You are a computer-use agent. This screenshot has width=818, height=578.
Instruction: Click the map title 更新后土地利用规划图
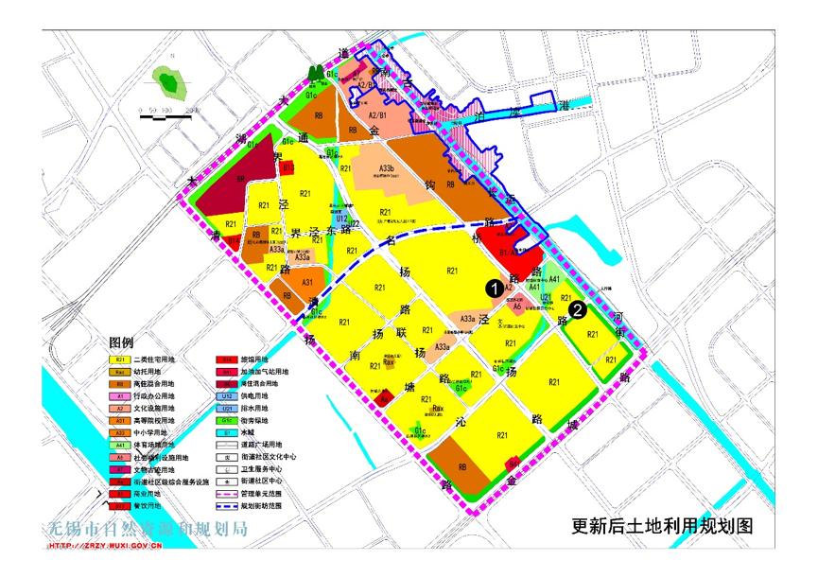(x=663, y=526)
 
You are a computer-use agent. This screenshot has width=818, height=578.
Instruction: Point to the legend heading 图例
(x=123, y=342)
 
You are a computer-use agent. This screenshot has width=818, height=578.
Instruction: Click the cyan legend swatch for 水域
(x=227, y=432)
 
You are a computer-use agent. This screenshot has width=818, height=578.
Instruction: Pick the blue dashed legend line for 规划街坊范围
(x=227, y=505)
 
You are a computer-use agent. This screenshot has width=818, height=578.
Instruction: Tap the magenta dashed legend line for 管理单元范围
(x=227, y=493)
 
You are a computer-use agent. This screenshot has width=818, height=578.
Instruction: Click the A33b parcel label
(x=385, y=168)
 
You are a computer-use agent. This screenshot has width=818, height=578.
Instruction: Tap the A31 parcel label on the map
(x=307, y=283)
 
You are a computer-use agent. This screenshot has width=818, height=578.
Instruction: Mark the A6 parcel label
(x=517, y=307)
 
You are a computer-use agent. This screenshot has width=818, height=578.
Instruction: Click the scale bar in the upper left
(x=169, y=110)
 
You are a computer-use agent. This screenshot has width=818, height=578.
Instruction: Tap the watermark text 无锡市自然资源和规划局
(x=148, y=529)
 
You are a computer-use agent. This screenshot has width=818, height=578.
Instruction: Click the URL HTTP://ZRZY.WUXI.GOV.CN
(x=105, y=546)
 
